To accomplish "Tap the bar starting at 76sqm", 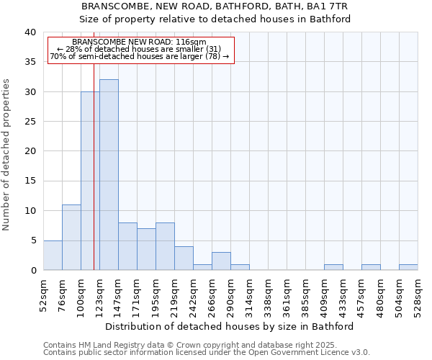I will [x=71, y=238].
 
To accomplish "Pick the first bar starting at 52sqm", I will [x=53, y=255].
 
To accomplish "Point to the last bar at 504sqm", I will [x=408, y=267].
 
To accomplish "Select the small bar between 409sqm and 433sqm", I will [x=333, y=267].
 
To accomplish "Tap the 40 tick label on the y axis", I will [x=30, y=32].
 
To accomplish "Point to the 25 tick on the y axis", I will [x=30, y=122].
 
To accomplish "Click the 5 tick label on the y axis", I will [x=32, y=240].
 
